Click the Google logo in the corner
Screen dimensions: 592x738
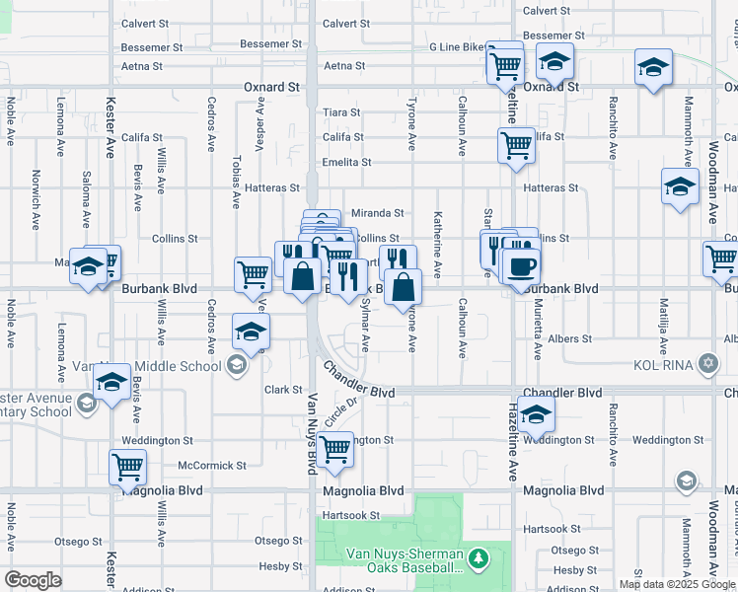click(x=33, y=580)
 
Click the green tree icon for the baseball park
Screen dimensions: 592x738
click(x=479, y=559)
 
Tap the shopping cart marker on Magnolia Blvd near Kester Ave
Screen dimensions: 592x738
click(x=128, y=467)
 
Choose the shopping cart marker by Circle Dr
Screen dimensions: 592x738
click(x=335, y=449)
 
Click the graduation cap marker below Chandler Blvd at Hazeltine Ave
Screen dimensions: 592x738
click(x=536, y=414)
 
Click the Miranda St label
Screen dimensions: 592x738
click(x=378, y=212)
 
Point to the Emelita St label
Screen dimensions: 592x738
click(x=346, y=162)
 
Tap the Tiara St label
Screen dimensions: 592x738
click(x=342, y=112)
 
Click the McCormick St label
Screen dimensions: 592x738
click(x=212, y=465)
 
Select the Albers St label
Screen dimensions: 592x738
click(x=572, y=338)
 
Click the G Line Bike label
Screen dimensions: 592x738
click(x=458, y=47)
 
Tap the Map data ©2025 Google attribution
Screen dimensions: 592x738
click(x=677, y=584)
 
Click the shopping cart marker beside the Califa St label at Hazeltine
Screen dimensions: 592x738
click(x=516, y=145)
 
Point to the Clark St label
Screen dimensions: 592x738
click(x=275, y=390)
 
